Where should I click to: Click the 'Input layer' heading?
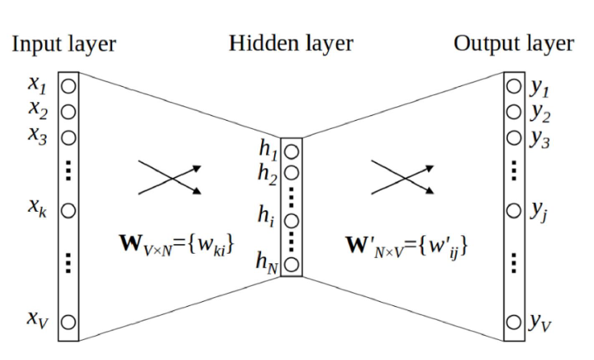click(x=64, y=43)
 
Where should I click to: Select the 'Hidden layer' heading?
click(x=291, y=43)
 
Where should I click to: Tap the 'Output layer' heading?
click(x=514, y=43)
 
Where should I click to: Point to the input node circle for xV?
click(x=69, y=322)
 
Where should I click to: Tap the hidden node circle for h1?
click(x=291, y=151)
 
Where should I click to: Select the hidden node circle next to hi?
click(x=291, y=219)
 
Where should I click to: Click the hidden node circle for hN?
click(x=291, y=263)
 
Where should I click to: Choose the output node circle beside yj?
click(x=513, y=210)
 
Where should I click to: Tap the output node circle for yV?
click(x=513, y=323)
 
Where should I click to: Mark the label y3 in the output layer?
click(x=539, y=138)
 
